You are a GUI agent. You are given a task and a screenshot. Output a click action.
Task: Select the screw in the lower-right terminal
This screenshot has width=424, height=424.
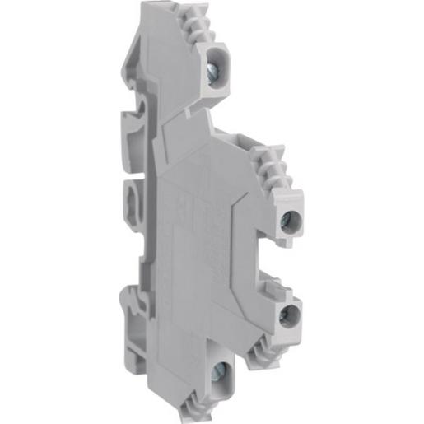pyautogui.click(x=288, y=317)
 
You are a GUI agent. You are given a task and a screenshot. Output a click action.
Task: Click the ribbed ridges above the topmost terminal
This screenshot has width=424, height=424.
pyautogui.click(x=203, y=29)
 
